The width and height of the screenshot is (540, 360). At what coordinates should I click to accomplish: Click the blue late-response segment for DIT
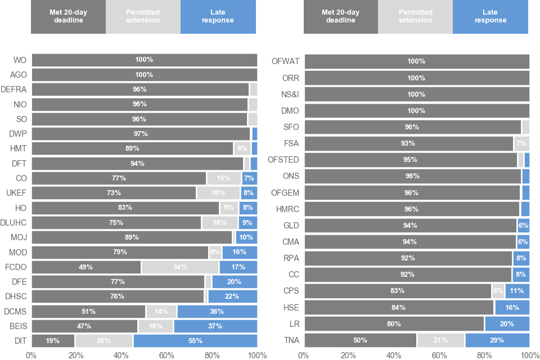coord(195,340)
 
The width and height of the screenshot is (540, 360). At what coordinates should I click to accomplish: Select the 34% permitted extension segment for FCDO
coord(180,267)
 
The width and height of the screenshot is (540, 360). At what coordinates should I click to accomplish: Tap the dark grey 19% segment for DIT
coord(53,340)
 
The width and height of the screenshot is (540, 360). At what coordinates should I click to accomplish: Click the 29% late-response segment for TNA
coord(497,340)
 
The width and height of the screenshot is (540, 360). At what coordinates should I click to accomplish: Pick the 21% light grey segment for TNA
coord(440,340)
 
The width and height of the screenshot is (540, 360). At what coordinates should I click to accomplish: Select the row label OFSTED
coord(283,160)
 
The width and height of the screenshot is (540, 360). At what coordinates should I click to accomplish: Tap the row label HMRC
coord(287,209)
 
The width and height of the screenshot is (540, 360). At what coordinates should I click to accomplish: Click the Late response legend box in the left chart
coord(218,16)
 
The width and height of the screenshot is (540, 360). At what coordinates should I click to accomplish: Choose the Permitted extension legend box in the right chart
coord(415,16)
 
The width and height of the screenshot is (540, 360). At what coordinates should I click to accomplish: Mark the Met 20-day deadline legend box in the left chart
coord(68,16)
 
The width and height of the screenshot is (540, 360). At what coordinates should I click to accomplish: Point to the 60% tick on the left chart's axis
coord(166,355)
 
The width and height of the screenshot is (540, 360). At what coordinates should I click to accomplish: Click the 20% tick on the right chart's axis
coord(349,355)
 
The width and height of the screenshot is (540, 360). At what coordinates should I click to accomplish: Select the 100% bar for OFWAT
coord(416,61)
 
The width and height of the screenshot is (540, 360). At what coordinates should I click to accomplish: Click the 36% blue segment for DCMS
coord(217,311)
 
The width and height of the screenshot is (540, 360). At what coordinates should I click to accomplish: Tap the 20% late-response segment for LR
coord(507,324)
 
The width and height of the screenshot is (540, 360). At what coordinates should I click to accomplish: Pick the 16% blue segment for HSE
coord(511,307)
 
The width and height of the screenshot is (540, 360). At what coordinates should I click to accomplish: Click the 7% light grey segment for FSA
coord(521,143)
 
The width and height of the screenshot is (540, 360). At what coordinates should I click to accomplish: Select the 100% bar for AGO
coord(144,74)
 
